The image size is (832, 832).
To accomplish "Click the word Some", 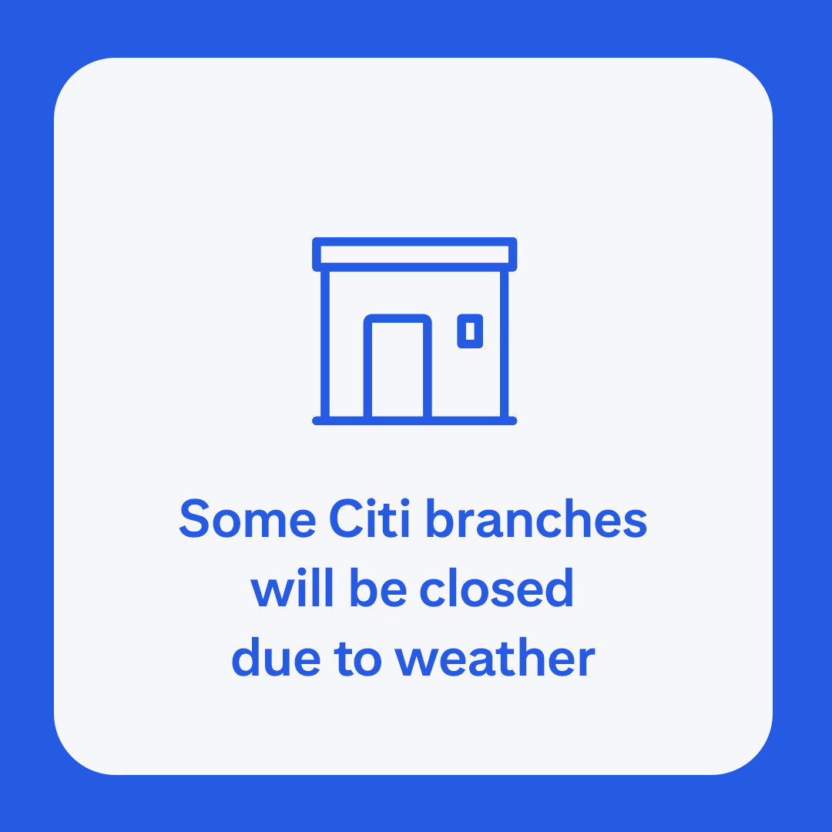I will (247, 519).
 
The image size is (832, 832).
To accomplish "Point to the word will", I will (294, 589).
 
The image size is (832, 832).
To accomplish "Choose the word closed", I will (497, 589).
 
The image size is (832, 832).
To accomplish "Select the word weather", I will (495, 659).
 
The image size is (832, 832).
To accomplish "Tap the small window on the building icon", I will (470, 330).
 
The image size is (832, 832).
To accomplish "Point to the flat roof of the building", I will (414, 254).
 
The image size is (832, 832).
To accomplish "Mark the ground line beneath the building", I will (414, 421).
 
